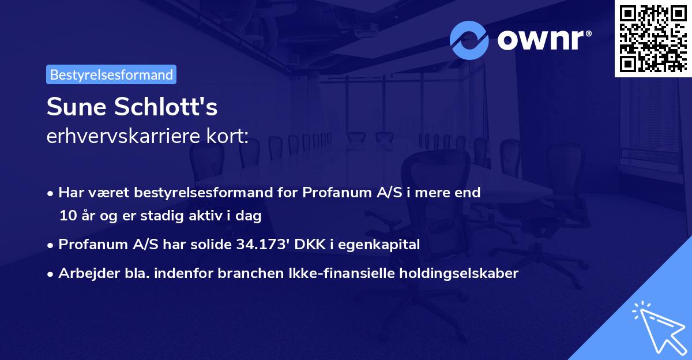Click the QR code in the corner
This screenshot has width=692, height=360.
[x=653, y=38]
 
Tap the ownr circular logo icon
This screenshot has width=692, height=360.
[x=469, y=40]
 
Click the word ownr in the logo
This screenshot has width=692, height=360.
[x=543, y=39]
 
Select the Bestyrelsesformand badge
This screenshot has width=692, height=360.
[x=111, y=74]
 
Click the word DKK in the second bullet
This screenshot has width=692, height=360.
[x=307, y=245]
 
